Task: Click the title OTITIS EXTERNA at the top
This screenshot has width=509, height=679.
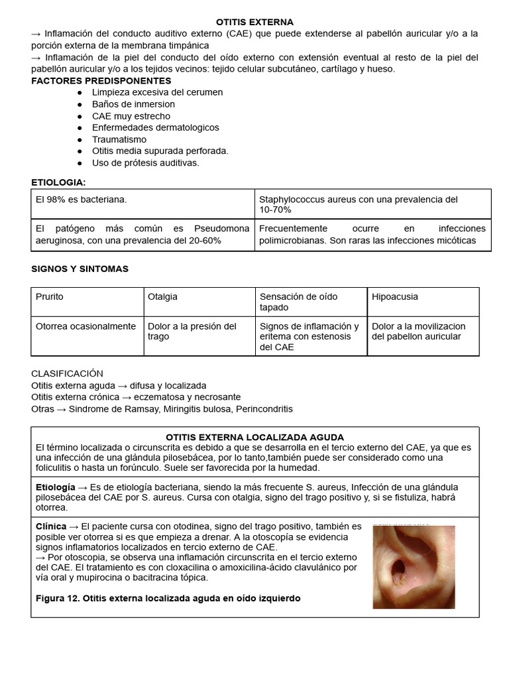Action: click(254, 23)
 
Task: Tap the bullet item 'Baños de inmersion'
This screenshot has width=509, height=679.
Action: click(133, 104)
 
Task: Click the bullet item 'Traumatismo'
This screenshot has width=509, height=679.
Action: click(119, 139)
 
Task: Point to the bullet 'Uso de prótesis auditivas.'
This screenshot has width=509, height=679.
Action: click(145, 162)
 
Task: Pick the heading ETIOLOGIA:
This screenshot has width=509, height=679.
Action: click(58, 182)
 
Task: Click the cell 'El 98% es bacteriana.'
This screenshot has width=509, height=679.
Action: click(81, 200)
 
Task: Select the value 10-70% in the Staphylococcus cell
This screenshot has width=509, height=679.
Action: click(275, 210)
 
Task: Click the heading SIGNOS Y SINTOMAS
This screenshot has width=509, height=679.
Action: click(80, 269)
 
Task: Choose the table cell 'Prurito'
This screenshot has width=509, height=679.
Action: click(50, 297)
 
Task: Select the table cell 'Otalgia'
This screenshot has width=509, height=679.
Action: click(162, 297)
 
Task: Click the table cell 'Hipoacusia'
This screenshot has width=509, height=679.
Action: click(394, 297)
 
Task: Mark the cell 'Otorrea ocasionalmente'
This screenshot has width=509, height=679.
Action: click(85, 326)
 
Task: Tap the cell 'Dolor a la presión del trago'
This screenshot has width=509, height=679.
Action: click(192, 331)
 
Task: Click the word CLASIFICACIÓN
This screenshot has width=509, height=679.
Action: click(67, 373)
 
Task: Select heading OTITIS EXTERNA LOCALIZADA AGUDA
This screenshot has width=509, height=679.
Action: click(254, 438)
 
